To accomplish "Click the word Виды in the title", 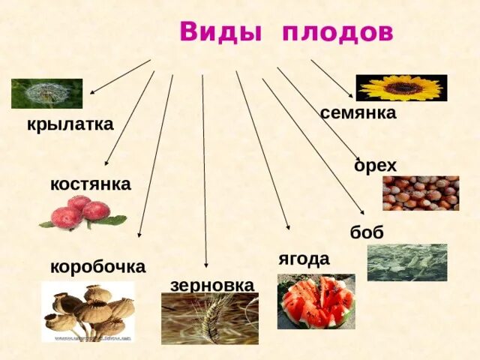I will pos(220,33).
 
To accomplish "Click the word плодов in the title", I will pos(338,33).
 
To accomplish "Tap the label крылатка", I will pos(70,124).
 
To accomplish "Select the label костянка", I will pos(90,184).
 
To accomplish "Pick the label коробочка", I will pos(97,266).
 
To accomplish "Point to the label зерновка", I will pos(212,285).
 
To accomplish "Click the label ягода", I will pos(304,259).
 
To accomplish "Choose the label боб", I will pos(367,232).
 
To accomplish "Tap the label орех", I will pos(375,166).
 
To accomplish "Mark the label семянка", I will pos(358,113).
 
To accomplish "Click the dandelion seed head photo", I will pos(46,93).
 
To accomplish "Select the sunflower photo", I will pos(401,88).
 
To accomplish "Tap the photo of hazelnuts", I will pos(420,193).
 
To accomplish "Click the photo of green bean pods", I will pos(406,262).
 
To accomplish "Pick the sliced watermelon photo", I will pos(316,301).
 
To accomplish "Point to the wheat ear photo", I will pos(209,318).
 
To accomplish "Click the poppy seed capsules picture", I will pos(88,311).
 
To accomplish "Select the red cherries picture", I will pos(83,212).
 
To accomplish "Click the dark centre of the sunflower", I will pos(403,88).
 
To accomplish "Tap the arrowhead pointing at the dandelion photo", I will pos(91,91).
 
